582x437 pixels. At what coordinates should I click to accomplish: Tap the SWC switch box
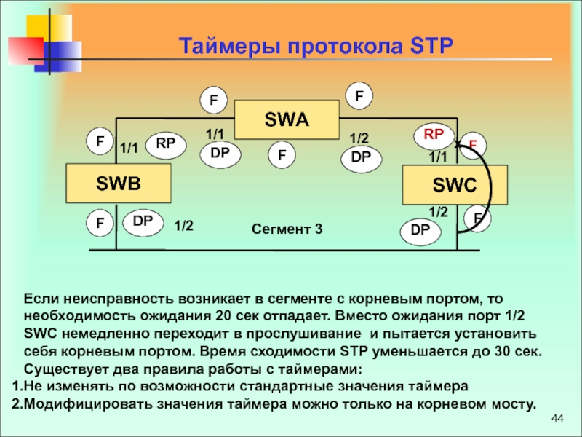455,186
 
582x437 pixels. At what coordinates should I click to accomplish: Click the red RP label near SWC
434,135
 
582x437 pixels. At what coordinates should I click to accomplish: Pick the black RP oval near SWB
165,144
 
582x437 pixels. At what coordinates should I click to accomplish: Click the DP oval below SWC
420,231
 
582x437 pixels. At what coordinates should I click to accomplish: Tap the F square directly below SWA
281,154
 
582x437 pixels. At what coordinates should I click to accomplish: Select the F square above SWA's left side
214,101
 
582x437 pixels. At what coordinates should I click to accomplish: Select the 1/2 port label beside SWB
183,226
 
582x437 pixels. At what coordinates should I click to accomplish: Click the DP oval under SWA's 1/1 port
220,153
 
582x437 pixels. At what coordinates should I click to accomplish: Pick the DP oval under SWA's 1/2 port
361,157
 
